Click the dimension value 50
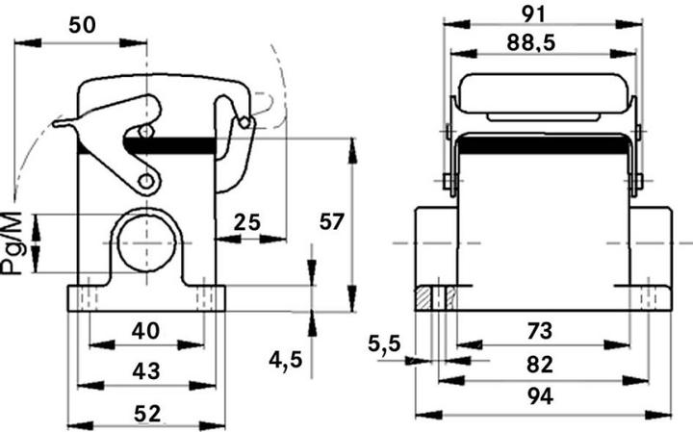82,25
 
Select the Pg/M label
13,244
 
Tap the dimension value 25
247,223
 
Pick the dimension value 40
145,330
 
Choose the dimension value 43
145,369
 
